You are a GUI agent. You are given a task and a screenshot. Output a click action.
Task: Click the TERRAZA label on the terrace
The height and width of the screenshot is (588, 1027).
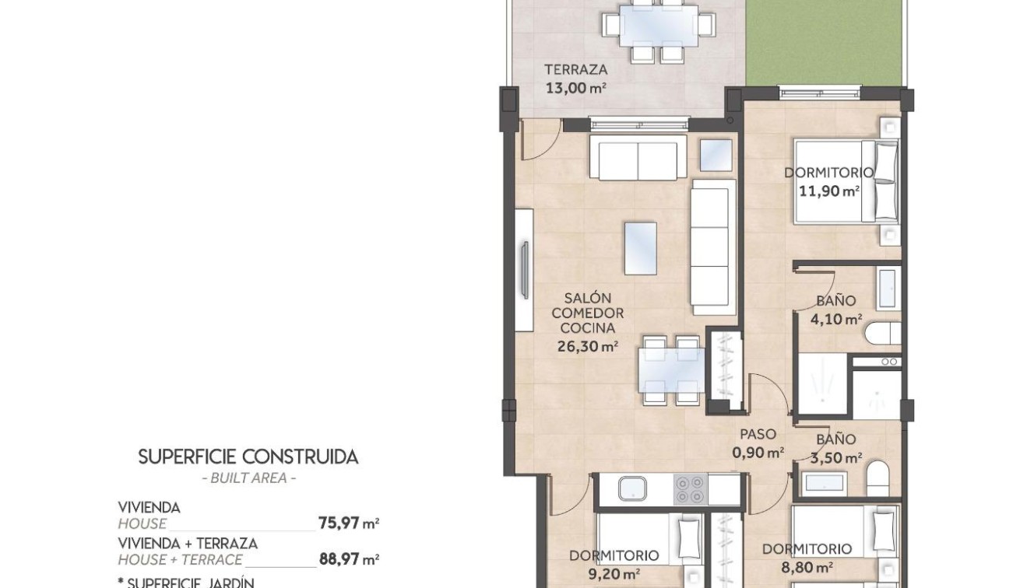575,69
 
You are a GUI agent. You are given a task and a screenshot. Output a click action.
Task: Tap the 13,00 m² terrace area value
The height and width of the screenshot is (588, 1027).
575,88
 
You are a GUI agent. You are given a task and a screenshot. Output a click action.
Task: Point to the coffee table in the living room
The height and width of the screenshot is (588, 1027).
639,247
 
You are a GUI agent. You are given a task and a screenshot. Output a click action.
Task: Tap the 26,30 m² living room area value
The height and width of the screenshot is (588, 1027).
588,346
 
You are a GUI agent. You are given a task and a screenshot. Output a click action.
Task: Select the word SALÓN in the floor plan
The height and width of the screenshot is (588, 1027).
588,298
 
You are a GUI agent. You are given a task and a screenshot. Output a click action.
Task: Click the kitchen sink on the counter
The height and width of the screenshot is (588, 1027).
631,489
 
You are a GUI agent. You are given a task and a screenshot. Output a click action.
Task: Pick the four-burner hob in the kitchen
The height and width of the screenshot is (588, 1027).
689,489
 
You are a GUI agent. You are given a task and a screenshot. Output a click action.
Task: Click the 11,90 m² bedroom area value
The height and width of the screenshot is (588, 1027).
829,190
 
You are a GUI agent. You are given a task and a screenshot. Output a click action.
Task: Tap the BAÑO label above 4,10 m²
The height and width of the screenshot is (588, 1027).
836,300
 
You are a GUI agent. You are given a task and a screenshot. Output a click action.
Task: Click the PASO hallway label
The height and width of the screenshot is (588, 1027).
758,435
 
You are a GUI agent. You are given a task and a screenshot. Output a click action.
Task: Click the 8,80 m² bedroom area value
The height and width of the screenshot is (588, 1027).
807,567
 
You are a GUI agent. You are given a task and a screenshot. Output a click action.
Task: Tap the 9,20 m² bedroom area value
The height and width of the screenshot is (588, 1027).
614,574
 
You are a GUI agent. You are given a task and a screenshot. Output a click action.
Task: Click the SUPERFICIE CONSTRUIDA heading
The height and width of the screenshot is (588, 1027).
248,457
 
